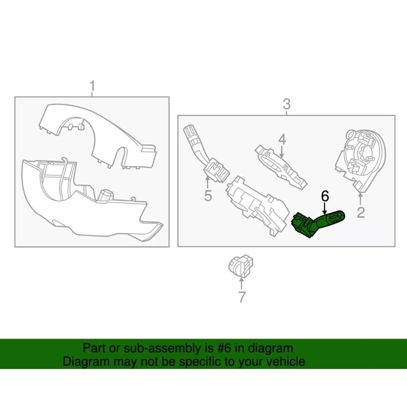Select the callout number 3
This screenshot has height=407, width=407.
(286, 104)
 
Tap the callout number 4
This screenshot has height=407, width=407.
(282, 139)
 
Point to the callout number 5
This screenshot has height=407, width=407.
(208, 195)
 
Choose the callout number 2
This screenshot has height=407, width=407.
(361, 212)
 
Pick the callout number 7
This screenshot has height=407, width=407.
(242, 297)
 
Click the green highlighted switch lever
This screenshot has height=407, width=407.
(317, 224)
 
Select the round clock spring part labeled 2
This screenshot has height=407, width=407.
(361, 161)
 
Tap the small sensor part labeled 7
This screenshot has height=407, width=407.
(241, 266)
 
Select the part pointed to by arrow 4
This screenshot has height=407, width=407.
(281, 166)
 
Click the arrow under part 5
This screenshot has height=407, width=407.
(208, 182)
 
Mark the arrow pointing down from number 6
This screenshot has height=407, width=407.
(325, 208)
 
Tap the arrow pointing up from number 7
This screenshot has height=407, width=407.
(242, 284)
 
